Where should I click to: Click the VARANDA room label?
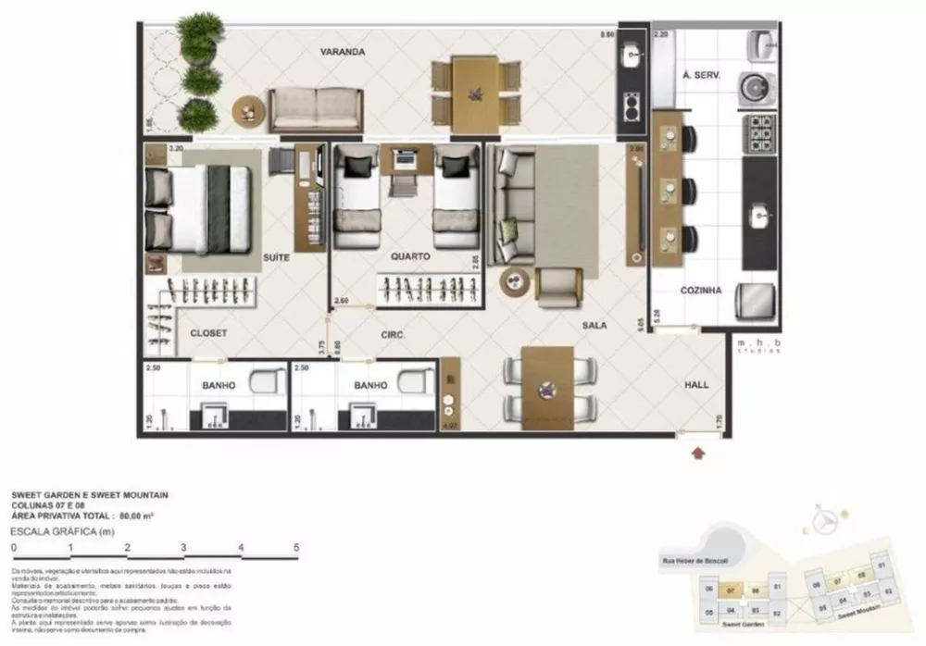click(x=341, y=53)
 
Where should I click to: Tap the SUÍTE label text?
click(x=277, y=258)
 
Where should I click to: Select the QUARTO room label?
click(x=409, y=256)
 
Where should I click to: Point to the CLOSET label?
click(x=208, y=332)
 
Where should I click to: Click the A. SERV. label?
click(x=701, y=75)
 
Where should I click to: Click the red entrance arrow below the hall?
click(x=697, y=453)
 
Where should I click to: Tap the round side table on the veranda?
click(x=248, y=113)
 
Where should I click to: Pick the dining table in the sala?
click(x=547, y=387)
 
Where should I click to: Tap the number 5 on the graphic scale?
click(x=296, y=548)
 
